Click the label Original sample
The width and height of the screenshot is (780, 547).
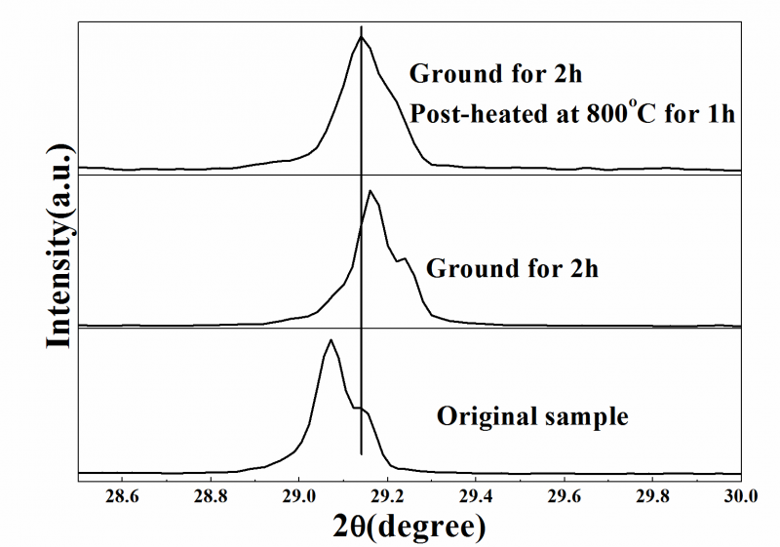[x=532, y=416]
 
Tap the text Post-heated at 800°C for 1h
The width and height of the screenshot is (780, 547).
[x=571, y=113]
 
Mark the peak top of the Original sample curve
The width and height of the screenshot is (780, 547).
[x=331, y=340]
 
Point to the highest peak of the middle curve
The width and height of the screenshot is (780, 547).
[x=370, y=191]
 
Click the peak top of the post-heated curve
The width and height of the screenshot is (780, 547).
[x=362, y=37]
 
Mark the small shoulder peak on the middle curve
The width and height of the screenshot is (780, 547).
[x=404, y=258]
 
